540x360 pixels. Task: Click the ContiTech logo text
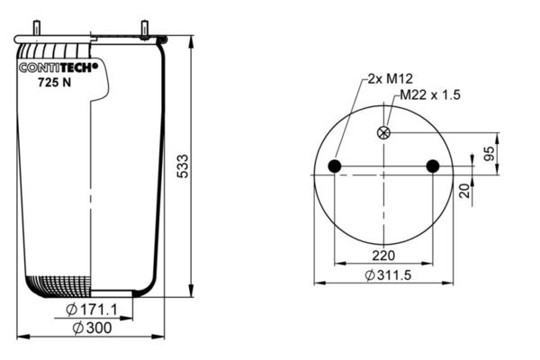(58, 67)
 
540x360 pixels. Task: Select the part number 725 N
(54, 82)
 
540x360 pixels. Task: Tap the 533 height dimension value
(183, 166)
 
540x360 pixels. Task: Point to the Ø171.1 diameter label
(91, 310)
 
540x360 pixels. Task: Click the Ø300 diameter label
(92, 328)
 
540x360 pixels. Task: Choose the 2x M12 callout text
(390, 79)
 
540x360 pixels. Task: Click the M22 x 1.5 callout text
(430, 94)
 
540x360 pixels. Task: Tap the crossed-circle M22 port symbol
(383, 132)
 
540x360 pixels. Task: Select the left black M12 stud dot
(335, 166)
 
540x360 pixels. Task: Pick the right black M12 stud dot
(433, 166)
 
